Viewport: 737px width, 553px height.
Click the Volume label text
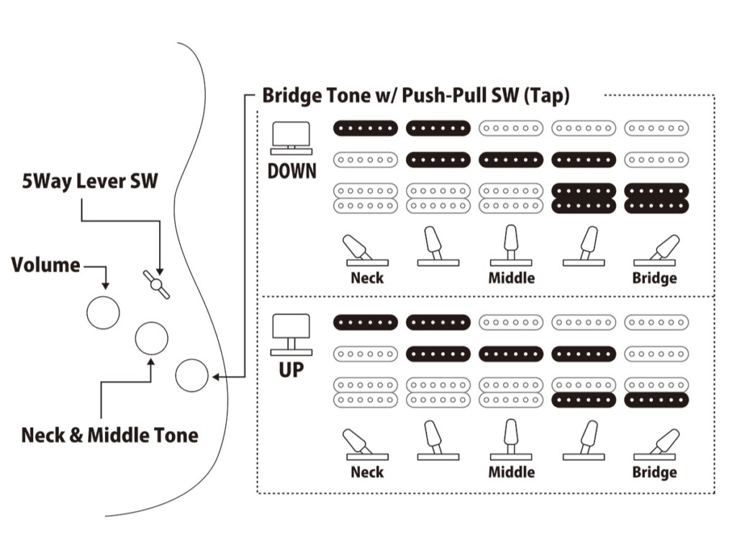pos(45,265)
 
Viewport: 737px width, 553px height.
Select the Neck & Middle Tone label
pos(109,435)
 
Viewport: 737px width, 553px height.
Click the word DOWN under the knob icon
pos(291,173)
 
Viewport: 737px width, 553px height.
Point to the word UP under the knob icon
pos(291,370)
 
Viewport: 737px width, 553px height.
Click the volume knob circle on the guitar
pos(103,313)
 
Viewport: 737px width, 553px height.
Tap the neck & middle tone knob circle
pos(152,338)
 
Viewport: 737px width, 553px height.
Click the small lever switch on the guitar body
pos(156,284)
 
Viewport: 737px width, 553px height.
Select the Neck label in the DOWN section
pos(366,277)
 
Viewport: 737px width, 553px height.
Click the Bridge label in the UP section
pos(654,472)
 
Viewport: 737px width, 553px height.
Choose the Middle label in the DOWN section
pos(511,277)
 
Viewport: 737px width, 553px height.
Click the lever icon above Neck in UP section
pos(366,444)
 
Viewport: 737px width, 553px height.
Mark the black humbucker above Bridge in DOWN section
pos(656,198)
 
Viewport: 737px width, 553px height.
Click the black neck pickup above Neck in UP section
pos(366,323)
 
